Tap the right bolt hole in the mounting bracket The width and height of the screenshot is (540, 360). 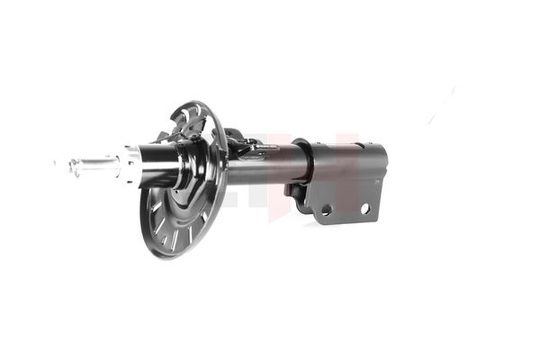[365, 208]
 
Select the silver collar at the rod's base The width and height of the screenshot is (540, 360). [131, 165]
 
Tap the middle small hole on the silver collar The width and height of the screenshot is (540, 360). [134, 166]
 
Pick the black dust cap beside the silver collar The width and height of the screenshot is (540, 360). [160, 166]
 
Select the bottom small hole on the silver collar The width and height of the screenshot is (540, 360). [135, 178]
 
